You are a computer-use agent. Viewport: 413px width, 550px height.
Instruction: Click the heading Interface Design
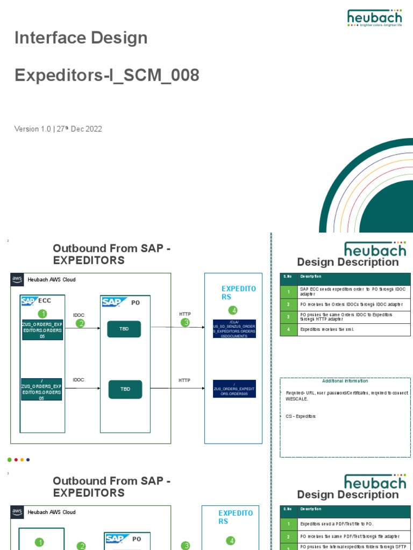click(81, 38)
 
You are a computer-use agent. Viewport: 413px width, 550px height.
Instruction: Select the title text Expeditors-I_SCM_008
click(106, 76)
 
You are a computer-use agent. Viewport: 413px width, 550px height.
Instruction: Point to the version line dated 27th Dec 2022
click(58, 129)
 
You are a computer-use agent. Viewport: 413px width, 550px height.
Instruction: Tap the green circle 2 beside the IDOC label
click(81, 323)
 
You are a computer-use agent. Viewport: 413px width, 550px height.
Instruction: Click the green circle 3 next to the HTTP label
click(186, 322)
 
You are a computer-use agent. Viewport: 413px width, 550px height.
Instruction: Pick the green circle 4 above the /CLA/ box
click(232, 310)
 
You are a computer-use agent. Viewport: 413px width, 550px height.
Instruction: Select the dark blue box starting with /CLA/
click(234, 329)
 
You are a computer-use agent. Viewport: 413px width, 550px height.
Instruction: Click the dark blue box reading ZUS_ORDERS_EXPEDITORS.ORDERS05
click(234, 389)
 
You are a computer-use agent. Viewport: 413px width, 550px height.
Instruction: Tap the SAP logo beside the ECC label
click(29, 301)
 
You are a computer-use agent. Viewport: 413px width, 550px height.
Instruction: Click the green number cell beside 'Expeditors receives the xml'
click(289, 330)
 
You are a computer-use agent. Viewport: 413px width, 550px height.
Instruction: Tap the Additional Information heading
click(345, 381)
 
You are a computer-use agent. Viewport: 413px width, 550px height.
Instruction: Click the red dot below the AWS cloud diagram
click(16, 460)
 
